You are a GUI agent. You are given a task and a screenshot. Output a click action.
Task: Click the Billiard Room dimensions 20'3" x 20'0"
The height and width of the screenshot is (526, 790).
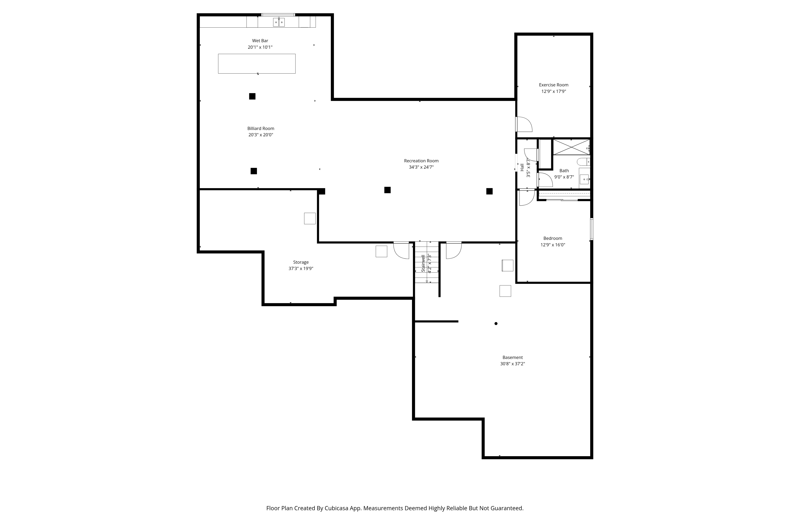tap(261, 135)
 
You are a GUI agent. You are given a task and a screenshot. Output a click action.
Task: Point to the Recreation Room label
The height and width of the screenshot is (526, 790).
tap(421, 161)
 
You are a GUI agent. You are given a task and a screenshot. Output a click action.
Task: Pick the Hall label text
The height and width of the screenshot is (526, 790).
tap(522, 167)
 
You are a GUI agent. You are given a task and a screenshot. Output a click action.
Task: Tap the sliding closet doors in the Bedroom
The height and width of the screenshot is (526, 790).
tap(562, 200)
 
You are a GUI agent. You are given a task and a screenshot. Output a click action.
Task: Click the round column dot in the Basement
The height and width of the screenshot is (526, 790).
tap(496, 323)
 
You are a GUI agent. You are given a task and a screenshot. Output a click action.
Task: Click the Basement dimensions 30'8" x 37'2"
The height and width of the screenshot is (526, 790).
tap(512, 364)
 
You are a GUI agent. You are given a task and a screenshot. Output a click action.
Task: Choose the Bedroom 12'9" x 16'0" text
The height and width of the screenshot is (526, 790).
tap(553, 245)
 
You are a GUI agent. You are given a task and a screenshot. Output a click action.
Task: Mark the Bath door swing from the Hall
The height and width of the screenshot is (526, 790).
tap(545, 180)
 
